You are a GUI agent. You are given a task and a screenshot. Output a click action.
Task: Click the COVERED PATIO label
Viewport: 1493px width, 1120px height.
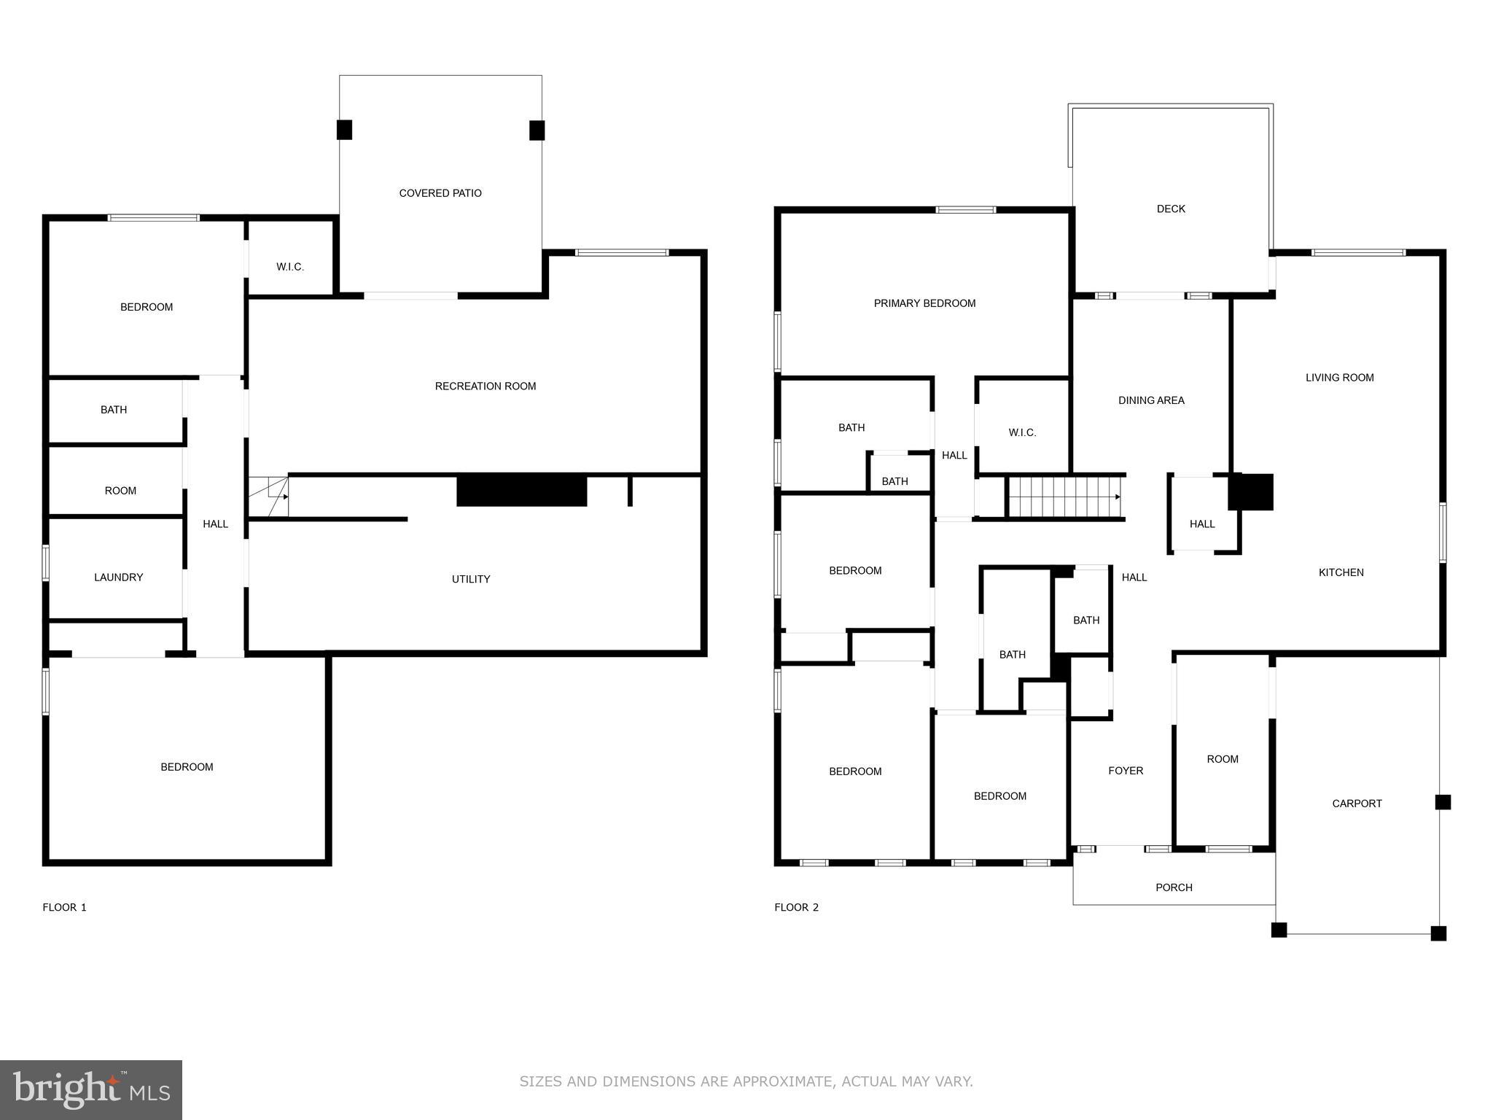tap(440, 193)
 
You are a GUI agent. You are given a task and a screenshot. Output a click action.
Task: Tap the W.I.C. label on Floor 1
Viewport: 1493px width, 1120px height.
tap(290, 267)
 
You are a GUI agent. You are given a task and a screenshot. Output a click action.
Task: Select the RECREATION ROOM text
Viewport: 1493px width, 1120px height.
tap(486, 386)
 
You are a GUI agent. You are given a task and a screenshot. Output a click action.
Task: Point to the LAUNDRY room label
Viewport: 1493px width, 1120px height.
tap(118, 577)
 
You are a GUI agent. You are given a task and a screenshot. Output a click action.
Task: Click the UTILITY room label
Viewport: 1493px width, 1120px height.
tap(471, 579)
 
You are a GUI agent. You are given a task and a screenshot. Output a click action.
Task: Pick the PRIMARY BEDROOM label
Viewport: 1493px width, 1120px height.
tap(924, 303)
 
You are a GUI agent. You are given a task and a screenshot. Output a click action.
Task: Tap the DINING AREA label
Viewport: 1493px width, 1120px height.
tap(1151, 400)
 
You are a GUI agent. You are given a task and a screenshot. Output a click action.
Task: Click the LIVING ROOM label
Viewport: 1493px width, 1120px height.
tap(1339, 378)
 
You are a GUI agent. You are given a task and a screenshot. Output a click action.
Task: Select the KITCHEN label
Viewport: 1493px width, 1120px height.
tap(1341, 572)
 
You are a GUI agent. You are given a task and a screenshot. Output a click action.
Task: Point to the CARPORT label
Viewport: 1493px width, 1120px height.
tap(1357, 804)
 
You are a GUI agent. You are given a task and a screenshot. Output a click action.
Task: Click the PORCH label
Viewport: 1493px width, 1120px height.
tap(1174, 887)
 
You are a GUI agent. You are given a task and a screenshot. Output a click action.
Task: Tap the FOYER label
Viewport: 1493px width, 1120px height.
tap(1126, 771)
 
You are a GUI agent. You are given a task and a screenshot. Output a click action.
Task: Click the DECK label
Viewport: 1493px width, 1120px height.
tap(1171, 209)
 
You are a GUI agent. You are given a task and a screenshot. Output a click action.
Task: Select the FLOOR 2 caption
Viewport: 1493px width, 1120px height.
tap(796, 907)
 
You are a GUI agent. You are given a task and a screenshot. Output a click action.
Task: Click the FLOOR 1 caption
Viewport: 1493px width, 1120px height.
tap(64, 907)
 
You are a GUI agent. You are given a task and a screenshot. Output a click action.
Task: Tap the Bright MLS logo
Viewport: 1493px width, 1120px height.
tap(91, 1089)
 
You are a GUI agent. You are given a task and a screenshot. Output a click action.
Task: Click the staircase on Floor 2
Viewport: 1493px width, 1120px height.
tap(1064, 497)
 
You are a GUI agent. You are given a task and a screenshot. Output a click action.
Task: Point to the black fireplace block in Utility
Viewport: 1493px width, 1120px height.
tap(521, 490)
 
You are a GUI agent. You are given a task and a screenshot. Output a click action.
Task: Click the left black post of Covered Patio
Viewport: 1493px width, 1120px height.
tap(344, 130)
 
